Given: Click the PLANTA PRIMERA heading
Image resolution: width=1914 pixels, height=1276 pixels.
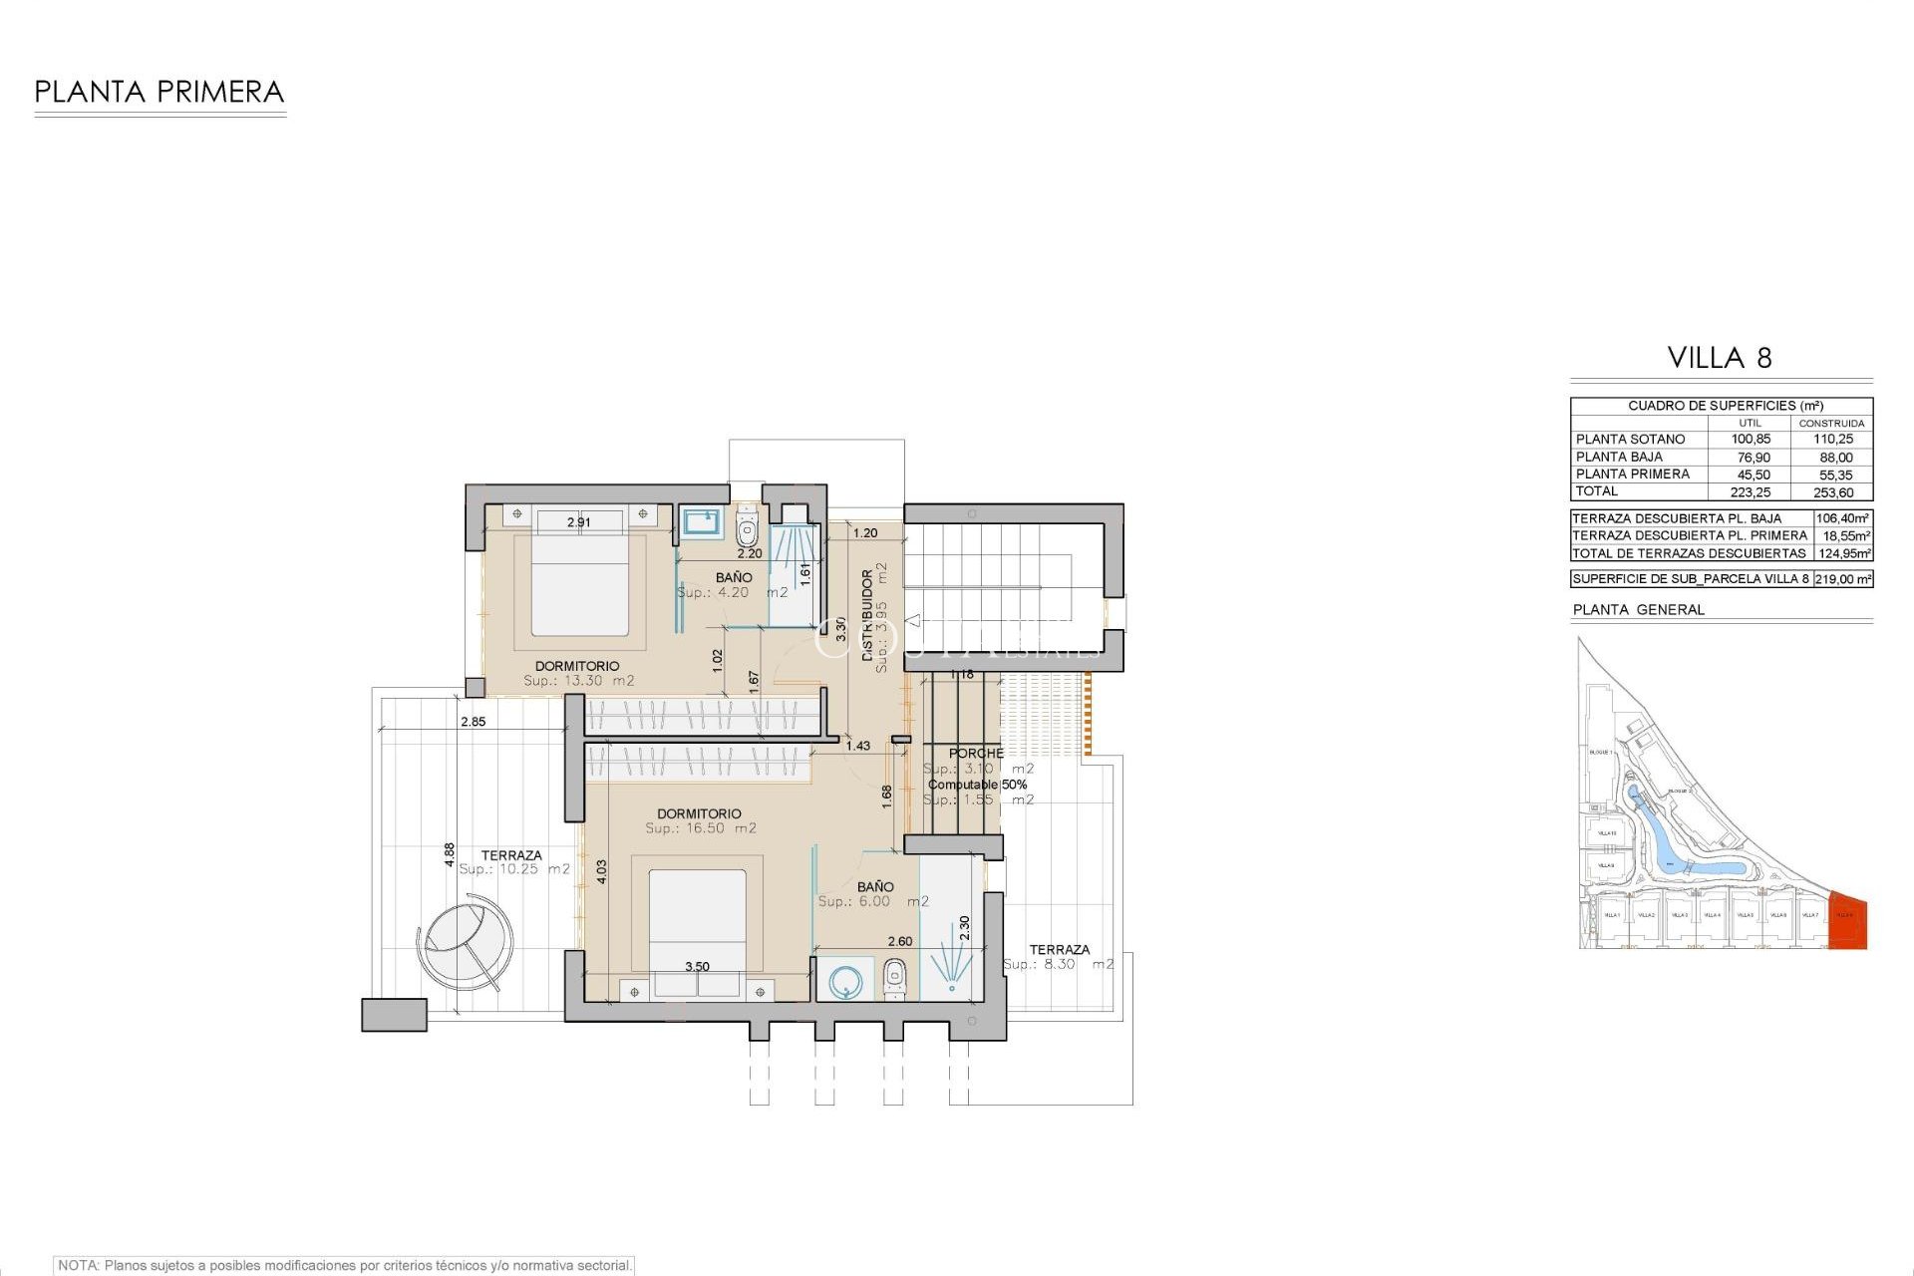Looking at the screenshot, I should [159, 93].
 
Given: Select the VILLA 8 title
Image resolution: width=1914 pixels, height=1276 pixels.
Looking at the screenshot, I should [1720, 358].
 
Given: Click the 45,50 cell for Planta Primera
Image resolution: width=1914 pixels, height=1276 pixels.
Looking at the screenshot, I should [1753, 475].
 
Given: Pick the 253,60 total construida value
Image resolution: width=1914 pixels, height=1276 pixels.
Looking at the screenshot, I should [1833, 492].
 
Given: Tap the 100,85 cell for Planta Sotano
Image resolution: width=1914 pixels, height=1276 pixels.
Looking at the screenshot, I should [1751, 440].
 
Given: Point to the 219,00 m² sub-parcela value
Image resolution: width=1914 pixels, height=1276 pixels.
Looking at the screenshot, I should [1843, 579].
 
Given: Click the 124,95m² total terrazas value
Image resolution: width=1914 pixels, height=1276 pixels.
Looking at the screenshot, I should [1843, 553].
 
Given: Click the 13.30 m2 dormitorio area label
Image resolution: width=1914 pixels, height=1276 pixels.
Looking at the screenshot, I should [578, 681].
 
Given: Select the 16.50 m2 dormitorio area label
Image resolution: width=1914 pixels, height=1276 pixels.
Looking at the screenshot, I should [700, 828].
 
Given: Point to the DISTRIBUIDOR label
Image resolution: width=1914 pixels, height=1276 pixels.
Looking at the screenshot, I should [867, 615].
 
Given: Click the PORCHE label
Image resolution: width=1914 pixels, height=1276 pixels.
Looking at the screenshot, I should [976, 754].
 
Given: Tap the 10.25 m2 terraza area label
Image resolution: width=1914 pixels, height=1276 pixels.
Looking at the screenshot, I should [513, 869].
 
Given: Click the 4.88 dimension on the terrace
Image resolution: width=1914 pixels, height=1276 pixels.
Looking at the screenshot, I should [450, 854].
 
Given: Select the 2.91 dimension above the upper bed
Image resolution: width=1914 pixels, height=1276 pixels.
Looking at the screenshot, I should [578, 522].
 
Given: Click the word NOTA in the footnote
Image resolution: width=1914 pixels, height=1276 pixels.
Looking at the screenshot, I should [77, 1265].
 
